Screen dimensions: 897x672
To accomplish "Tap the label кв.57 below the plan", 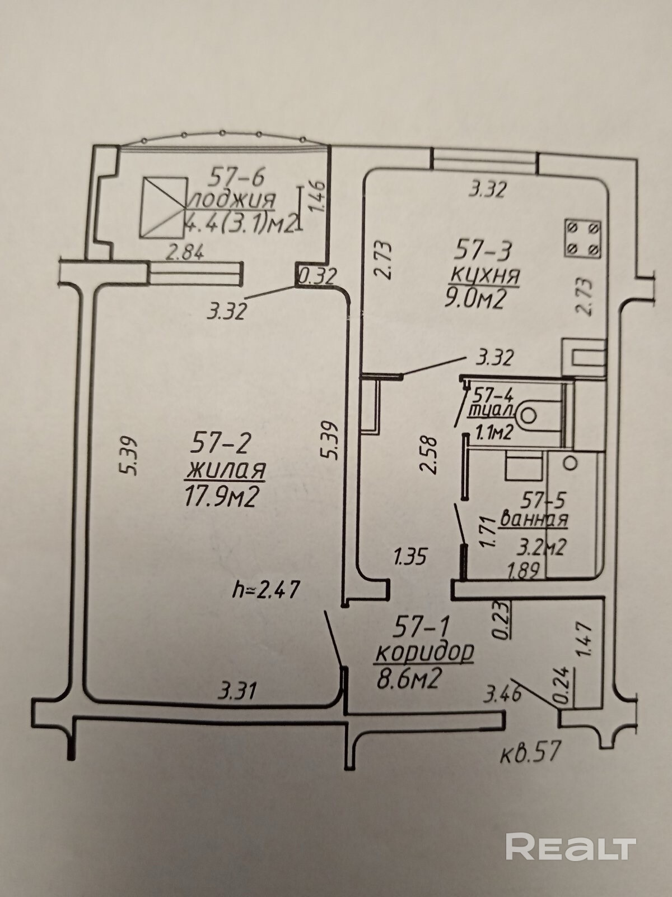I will coord(530,752).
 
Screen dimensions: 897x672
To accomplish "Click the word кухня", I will coord(486,276).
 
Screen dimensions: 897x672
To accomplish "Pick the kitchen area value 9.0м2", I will coord(475,300).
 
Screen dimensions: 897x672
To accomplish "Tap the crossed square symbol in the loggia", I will coord(164,207).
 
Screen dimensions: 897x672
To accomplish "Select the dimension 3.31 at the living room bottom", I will coord(238,691).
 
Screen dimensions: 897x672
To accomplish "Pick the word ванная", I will coord(534,519).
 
